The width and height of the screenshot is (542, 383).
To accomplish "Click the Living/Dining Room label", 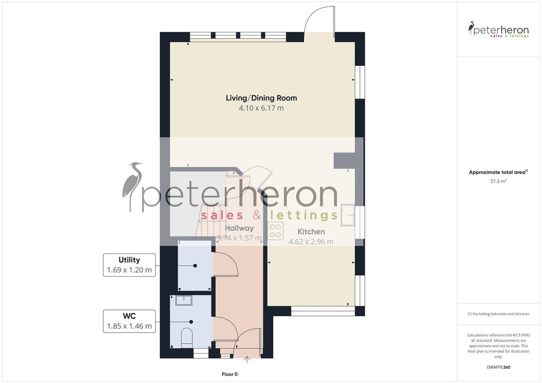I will click(261, 98).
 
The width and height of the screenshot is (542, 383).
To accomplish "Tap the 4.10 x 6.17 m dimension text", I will click(261, 108).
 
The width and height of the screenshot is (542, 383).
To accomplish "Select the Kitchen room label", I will click(311, 232).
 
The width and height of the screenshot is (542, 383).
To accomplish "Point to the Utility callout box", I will click(129, 265).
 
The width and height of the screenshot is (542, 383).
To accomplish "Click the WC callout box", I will click(129, 321).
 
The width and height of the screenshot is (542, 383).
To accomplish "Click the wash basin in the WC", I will click(184, 300).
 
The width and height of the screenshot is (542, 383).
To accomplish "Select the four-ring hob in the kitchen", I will click(275, 231).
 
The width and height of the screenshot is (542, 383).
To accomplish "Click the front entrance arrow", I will click(247, 360).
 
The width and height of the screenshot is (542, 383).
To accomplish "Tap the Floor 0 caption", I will click(230, 374).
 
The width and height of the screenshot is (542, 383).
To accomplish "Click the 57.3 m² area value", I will click(498, 181).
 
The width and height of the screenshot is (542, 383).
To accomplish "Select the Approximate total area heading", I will click(498, 172).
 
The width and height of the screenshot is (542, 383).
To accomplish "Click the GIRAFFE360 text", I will click(498, 367).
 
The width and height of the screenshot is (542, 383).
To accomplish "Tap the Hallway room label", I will click(239, 228).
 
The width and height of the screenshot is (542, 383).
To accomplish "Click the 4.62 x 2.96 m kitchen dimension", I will click(311, 242).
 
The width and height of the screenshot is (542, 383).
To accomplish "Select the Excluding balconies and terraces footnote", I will click(498, 314).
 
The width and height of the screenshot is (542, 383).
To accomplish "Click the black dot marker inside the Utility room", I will click(195, 266).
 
